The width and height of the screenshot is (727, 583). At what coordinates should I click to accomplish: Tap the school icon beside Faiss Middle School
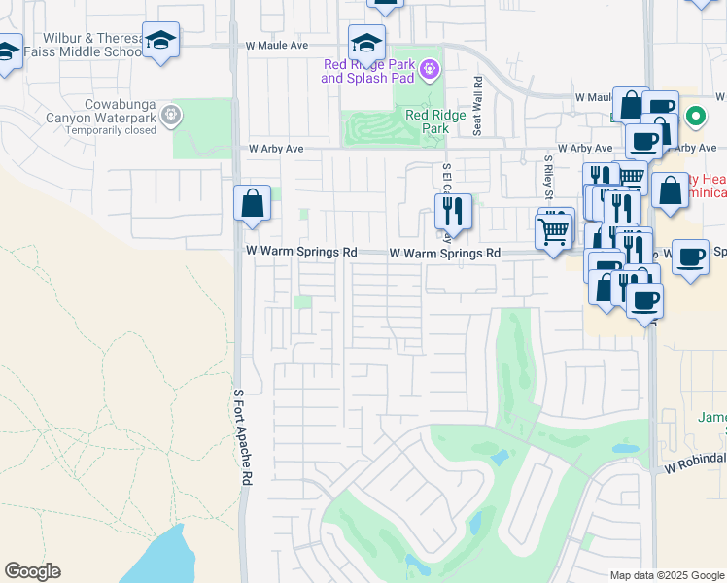(160, 41)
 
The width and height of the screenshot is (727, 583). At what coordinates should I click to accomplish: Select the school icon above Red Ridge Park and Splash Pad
(366, 43)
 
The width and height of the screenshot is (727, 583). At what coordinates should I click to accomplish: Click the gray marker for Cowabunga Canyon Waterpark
(172, 116)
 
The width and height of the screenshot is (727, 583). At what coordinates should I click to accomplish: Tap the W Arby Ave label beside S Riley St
(587, 149)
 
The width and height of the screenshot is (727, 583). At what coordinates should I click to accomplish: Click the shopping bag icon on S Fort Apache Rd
(252, 204)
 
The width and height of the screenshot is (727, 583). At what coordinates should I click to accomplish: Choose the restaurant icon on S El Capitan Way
(453, 210)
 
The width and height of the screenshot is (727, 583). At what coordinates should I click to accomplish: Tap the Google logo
(32, 571)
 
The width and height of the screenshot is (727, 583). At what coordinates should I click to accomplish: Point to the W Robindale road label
(696, 464)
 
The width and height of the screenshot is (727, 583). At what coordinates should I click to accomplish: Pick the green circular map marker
(695, 119)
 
